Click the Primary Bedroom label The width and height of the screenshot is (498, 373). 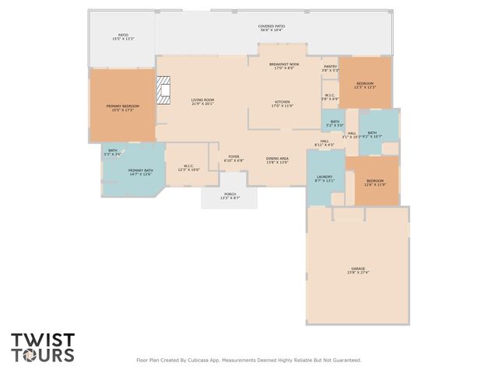[x=123, y=107]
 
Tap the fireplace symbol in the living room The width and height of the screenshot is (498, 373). [x=163, y=90]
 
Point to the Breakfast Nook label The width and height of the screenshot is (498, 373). [x=284, y=66]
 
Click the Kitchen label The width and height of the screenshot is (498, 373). [x=282, y=104]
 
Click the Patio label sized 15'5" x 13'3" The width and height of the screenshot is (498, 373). [x=123, y=37]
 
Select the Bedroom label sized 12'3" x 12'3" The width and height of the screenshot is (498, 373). [x=365, y=85]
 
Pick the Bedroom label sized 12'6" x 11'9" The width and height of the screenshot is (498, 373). [x=375, y=183]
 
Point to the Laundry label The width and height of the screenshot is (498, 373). [x=324, y=179]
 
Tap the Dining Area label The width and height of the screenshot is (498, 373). [x=277, y=160]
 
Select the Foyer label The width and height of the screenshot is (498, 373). [x=233, y=159]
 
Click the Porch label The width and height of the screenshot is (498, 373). [x=230, y=196]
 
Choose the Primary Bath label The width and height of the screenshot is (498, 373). [x=140, y=172]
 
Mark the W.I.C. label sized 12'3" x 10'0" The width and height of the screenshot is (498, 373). [x=189, y=167]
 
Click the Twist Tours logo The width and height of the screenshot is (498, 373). [x=43, y=347]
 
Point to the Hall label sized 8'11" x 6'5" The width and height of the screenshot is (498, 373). [x=324, y=143]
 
